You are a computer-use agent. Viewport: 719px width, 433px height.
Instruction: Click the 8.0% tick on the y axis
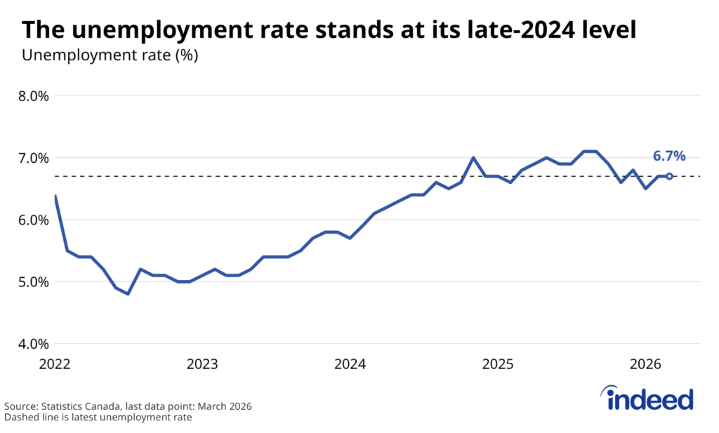pyautogui.click(x=33, y=96)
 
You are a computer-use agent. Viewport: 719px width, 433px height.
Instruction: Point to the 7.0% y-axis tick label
pyautogui.click(x=33, y=158)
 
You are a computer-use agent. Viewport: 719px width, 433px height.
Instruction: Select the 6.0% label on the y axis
pyautogui.click(x=33, y=220)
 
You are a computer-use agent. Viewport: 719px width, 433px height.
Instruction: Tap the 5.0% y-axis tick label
pyautogui.click(x=33, y=282)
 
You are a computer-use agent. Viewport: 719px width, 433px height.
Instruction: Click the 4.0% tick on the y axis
pyautogui.click(x=33, y=344)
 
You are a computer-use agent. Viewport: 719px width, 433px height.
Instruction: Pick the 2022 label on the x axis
pyautogui.click(x=55, y=364)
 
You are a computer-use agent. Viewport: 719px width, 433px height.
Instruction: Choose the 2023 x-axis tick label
pyautogui.click(x=202, y=364)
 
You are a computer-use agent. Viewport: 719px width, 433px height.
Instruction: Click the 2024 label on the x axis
pyautogui.click(x=350, y=364)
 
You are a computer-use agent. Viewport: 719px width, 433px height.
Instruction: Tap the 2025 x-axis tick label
pyautogui.click(x=497, y=364)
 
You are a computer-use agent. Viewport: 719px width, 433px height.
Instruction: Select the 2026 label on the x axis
pyautogui.click(x=645, y=364)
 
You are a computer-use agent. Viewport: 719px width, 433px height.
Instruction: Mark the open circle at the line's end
pyautogui.click(x=669, y=176)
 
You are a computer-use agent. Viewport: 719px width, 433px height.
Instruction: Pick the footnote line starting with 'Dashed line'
pyautogui.click(x=98, y=418)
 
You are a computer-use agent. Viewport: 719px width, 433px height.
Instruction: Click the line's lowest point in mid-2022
pyautogui.click(x=128, y=294)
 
